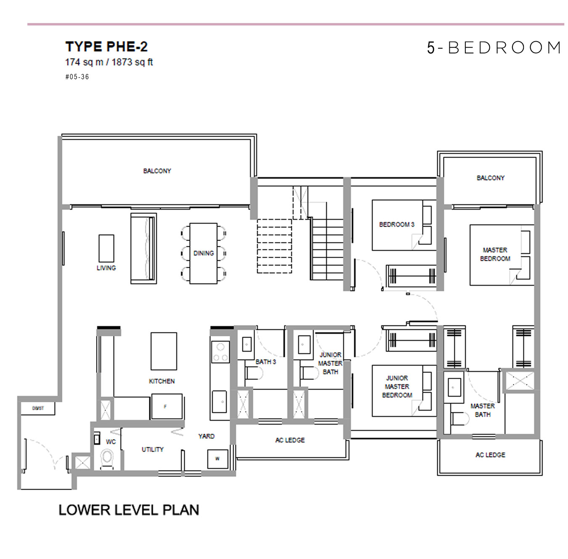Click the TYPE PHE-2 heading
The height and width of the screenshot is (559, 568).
106,47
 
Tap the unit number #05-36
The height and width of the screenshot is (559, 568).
77,77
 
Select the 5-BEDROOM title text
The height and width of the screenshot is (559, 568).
494,48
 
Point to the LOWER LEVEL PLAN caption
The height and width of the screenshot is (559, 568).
129,510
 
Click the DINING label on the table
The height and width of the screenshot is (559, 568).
204,253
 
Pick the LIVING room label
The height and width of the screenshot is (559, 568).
106,268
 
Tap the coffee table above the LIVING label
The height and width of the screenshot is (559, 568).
106,248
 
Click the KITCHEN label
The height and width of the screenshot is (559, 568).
162,381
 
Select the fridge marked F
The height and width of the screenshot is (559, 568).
166,406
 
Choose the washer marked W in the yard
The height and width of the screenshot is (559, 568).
218,459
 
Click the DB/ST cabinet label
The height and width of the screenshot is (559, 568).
38,408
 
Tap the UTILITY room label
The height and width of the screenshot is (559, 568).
152,449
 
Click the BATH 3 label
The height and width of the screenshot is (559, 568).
266,361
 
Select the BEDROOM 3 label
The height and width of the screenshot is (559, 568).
396,224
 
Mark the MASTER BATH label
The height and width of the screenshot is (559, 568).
483,410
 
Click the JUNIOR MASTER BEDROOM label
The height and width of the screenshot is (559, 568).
397,387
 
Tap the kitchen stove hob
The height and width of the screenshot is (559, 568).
220,352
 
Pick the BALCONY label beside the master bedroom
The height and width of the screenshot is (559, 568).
490,178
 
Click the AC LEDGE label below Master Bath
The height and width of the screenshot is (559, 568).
490,455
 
